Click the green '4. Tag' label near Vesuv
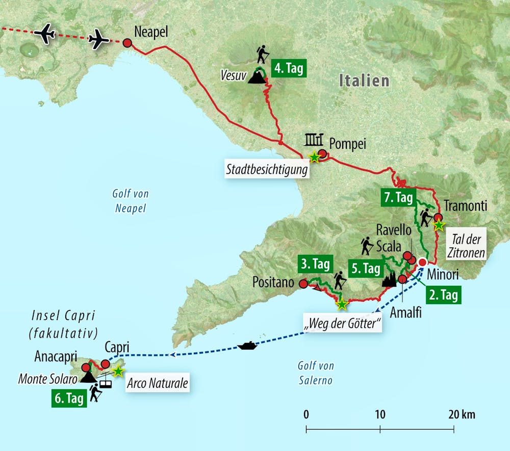(289, 68)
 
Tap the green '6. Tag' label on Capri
(68, 399)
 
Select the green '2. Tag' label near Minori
(443, 295)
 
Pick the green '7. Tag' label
(398, 198)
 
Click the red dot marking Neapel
(127, 43)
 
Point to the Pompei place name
(347, 144)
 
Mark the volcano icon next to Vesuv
(256, 77)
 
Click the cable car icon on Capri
(106, 381)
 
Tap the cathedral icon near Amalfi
(389, 279)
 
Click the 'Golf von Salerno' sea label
(315, 373)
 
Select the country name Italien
(364, 81)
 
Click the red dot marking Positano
(303, 284)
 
